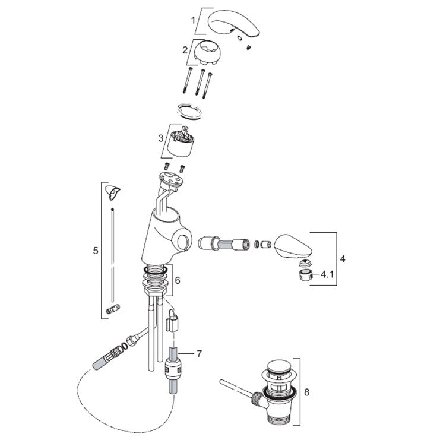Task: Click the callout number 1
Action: click(193, 20)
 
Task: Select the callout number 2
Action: click(185, 50)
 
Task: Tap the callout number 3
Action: click(161, 138)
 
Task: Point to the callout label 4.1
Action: click(327, 274)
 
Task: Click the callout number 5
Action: click(96, 251)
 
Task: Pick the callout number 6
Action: click(178, 280)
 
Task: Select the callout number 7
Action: click(200, 354)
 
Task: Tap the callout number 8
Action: click(307, 392)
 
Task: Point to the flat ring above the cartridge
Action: click(189, 111)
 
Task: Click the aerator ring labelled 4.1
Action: click(306, 276)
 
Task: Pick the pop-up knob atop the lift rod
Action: click(113, 192)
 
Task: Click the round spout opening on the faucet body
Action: click(183, 241)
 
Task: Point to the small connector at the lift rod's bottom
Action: click(113, 309)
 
